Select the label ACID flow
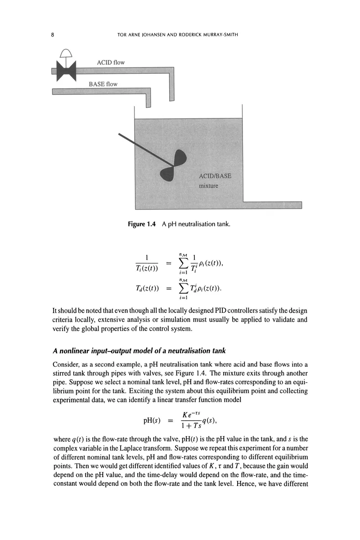111,62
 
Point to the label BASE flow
103,84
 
